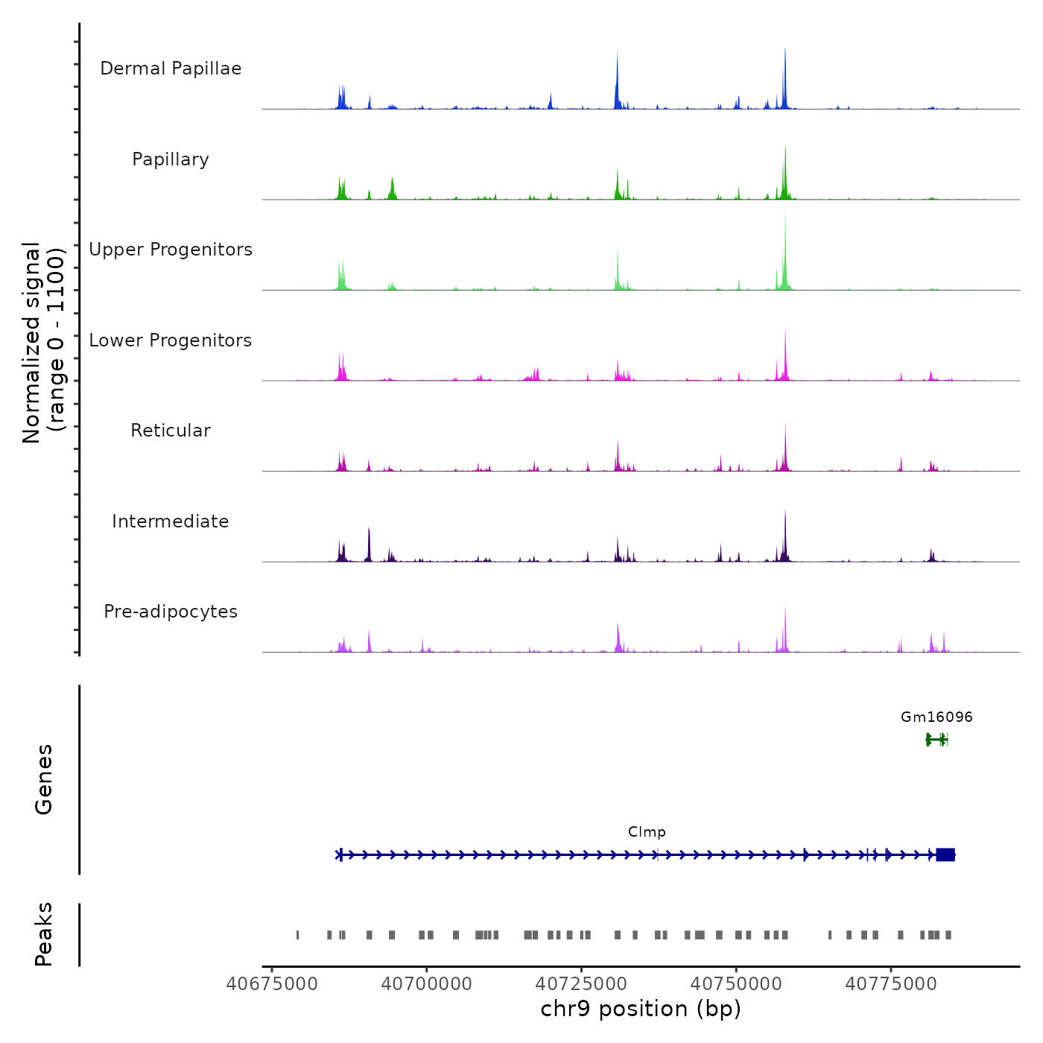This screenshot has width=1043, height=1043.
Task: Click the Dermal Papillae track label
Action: (171, 69)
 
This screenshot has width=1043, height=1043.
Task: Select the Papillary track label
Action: (171, 159)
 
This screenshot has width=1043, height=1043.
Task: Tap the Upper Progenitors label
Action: (171, 250)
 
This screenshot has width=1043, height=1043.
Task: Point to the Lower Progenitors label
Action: (171, 340)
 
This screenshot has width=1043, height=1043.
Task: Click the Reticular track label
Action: (171, 431)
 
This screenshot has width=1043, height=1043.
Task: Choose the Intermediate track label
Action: (171, 521)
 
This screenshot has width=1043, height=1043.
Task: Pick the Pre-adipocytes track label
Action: (171, 612)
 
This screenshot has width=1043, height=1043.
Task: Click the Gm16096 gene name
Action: (936, 717)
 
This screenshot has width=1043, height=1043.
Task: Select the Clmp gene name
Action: (647, 832)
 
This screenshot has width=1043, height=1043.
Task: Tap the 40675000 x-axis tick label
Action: (272, 984)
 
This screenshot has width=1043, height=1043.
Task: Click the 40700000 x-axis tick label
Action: (427, 984)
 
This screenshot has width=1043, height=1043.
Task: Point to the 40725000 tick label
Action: (581, 984)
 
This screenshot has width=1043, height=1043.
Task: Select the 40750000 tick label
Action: (736, 984)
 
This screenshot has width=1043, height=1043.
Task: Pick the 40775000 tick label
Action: (890, 984)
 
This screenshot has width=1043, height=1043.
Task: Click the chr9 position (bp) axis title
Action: (641, 1009)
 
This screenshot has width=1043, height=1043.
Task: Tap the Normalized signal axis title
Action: (43, 342)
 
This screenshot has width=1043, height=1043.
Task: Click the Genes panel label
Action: (44, 779)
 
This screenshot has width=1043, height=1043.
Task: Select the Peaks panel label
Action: (44, 934)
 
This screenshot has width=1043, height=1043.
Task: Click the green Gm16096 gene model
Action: (936, 740)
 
